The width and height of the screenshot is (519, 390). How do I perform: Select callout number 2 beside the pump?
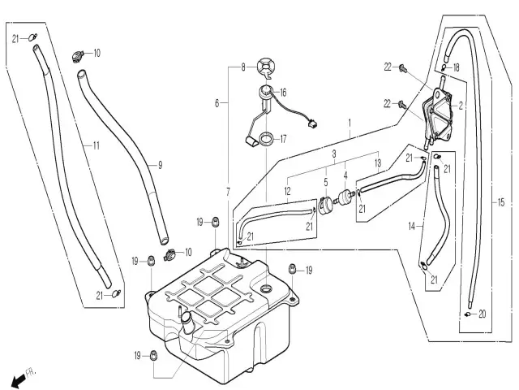tap(461, 106)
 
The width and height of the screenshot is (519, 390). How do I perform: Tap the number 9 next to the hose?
tap(160, 165)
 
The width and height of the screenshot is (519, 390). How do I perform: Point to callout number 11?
tap(96, 146)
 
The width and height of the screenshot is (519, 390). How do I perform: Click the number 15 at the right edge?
tap(500, 201)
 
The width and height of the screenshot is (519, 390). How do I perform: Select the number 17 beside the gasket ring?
tap(283, 139)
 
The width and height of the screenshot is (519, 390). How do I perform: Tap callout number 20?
tap(482, 314)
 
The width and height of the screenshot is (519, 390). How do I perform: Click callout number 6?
tap(217, 104)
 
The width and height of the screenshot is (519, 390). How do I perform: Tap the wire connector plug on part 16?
tap(311, 124)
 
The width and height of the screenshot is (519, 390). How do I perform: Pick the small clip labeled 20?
tap(468, 313)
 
